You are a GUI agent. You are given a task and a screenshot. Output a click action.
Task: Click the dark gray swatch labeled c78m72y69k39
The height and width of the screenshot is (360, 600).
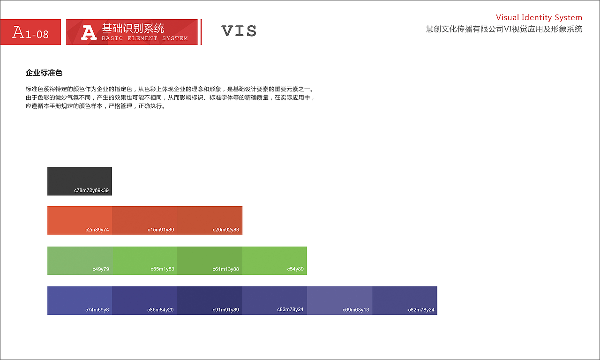click(80, 181)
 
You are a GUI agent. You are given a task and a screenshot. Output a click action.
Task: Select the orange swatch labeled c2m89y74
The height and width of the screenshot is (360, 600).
click(80, 220)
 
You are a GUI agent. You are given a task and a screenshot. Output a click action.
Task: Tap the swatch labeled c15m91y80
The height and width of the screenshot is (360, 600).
click(144, 220)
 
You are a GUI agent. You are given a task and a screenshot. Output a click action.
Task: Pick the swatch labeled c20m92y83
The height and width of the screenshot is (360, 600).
click(210, 220)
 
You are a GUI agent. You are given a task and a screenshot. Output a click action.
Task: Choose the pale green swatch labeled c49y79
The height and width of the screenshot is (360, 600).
click(80, 261)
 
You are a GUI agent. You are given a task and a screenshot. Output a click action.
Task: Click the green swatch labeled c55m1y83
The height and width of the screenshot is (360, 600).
click(144, 261)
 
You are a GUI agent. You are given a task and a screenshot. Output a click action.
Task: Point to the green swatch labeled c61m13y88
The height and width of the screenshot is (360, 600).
click(210, 261)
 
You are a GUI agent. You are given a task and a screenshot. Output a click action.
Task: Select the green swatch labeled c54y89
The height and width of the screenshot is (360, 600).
click(275, 261)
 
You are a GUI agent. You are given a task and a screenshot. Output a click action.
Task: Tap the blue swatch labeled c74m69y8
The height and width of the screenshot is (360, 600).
click(80, 300)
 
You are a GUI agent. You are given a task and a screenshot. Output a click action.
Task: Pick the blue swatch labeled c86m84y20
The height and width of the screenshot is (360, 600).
click(144, 300)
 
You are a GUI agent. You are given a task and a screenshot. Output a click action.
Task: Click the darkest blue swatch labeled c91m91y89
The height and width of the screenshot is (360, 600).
click(210, 300)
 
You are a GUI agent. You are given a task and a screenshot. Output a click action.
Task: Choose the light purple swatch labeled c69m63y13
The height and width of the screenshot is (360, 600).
click(340, 300)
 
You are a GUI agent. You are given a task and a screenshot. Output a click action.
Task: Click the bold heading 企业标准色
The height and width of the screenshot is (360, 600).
click(44, 73)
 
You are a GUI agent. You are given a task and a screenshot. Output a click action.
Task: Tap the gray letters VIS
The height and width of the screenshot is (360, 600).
click(239, 31)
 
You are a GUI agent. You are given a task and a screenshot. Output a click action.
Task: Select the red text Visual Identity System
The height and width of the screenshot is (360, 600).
click(539, 18)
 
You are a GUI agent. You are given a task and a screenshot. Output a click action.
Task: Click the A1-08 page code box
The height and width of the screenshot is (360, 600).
click(30, 32)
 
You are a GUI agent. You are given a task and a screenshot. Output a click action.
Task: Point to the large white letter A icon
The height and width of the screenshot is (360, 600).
click(89, 32)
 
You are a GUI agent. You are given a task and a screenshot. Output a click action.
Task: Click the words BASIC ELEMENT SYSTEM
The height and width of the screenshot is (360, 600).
click(144, 38)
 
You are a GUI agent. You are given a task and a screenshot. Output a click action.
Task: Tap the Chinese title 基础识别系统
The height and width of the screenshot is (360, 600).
click(133, 28)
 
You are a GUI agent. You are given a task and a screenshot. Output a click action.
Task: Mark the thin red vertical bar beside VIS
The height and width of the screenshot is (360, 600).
click(201, 32)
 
